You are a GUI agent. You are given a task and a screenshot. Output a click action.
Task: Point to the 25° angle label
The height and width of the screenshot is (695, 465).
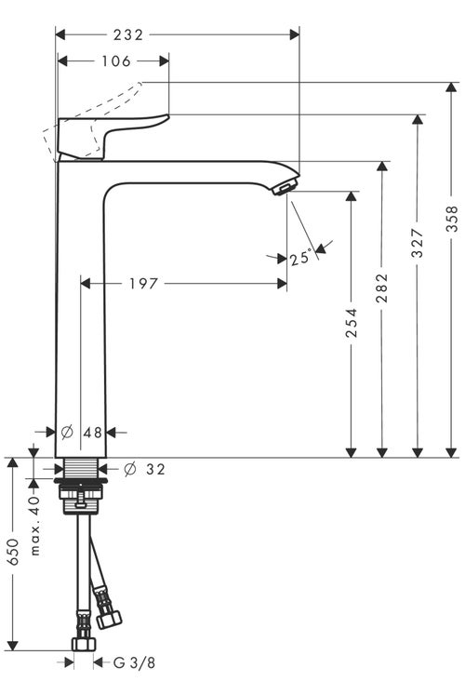pos(299,260)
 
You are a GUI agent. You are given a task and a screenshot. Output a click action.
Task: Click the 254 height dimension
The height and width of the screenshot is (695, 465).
pos(352,323)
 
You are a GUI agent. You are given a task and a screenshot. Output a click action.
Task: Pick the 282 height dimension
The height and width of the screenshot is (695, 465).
pos(381,289)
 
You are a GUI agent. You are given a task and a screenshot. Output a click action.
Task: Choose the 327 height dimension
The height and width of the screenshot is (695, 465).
pos(418,243)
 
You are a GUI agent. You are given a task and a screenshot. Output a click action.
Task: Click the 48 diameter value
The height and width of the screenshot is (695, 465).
pos(93,433)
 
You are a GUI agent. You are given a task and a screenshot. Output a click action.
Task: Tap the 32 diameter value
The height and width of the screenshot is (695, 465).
pos(155,469)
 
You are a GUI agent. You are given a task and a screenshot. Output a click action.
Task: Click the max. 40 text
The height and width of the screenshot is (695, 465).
pos(35,526)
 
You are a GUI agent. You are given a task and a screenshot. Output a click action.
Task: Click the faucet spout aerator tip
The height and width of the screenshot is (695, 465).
pos(283,188)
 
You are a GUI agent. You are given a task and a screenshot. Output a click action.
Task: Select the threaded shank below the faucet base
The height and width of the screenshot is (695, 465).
pos(80,471)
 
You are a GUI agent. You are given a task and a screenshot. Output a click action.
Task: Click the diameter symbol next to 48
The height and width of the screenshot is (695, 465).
pos(67,433)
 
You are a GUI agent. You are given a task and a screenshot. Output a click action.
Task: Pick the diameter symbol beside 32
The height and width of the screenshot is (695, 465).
pos(130,469)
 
